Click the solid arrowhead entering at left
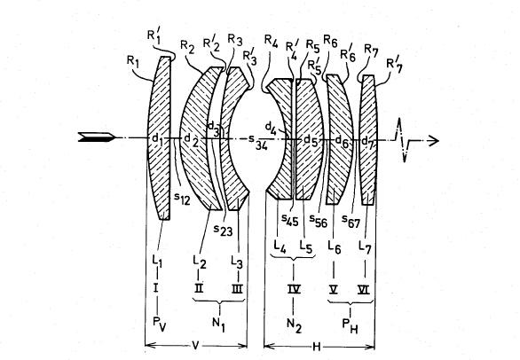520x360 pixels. (97, 137)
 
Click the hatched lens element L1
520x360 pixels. (160, 137)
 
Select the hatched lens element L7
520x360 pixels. (368, 139)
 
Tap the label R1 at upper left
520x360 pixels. (132, 60)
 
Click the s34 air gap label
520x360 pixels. (258, 142)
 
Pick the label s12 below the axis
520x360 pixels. (182, 198)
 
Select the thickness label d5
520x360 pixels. (311, 141)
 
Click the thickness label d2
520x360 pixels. (191, 140)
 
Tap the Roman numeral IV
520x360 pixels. (294, 289)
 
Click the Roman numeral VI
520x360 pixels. (364, 290)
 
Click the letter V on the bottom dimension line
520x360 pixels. (195, 346)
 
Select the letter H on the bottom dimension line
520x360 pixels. (317, 347)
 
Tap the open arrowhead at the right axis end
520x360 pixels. (434, 141)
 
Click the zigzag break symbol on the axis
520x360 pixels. (402, 139)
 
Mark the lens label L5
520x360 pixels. (306, 247)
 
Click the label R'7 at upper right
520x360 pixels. (395, 66)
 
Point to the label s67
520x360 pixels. (351, 221)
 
